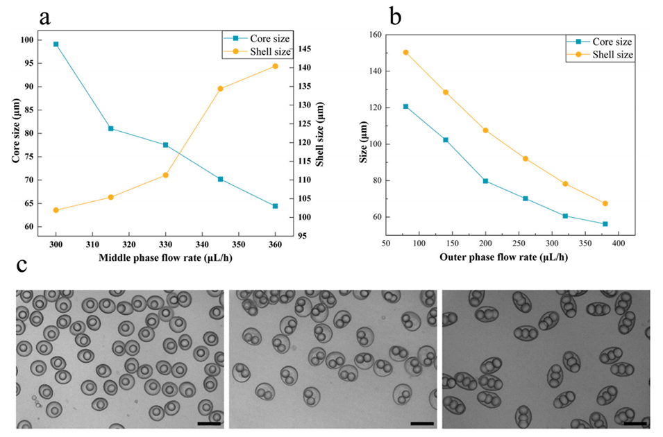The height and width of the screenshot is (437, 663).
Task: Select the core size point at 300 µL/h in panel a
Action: pyautogui.click(x=56, y=44)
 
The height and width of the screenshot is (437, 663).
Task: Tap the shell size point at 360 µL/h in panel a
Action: pyautogui.click(x=275, y=66)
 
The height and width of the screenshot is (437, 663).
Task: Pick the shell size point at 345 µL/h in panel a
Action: pyautogui.click(x=221, y=89)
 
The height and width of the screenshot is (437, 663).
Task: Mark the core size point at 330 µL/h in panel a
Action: pyautogui.click(x=165, y=145)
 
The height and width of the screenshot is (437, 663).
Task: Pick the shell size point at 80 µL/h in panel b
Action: pyautogui.click(x=406, y=53)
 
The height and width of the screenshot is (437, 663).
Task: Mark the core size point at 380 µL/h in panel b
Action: pyautogui.click(x=605, y=224)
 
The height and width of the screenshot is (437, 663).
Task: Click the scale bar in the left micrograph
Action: pyautogui.click(x=208, y=422)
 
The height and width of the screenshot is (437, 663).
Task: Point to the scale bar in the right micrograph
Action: pyautogui.click(x=635, y=422)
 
